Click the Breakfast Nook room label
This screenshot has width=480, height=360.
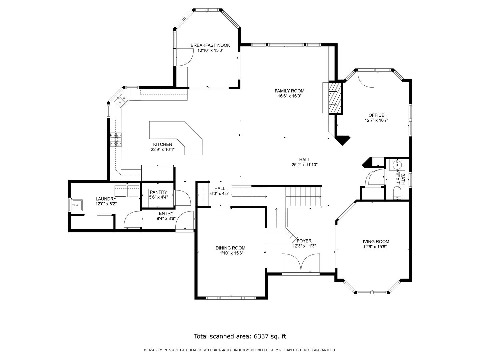[210, 45]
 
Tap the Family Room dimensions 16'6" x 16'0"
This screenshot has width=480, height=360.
[290, 96]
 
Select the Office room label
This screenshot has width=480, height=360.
[376, 115]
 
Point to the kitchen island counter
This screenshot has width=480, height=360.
[176, 138]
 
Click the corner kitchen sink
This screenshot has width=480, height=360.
[121, 101]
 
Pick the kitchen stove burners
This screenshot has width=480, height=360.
[116, 139]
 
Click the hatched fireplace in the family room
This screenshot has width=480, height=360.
[335, 97]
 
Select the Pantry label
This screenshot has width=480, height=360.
[158, 192]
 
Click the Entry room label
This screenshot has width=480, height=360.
[166, 213]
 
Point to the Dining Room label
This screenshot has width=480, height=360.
[230, 248]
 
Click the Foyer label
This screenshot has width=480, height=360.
[304, 241]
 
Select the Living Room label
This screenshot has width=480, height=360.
[375, 242]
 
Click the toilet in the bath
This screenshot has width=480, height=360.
[396, 193]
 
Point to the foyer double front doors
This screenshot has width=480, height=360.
[301, 263]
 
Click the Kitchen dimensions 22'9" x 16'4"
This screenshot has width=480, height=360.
[162, 150]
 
